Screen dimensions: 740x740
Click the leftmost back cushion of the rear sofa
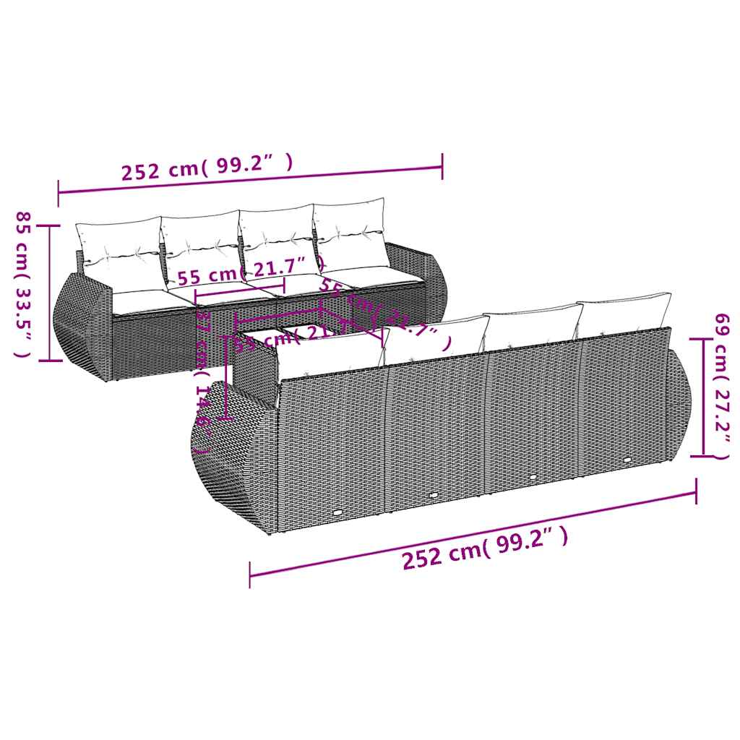pyautogui.click(x=119, y=245)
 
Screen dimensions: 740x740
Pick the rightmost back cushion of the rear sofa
pyautogui.click(x=350, y=232)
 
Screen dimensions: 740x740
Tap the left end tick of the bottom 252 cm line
pyautogui.click(x=249, y=576)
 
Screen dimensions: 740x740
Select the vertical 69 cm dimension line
pyautogui.click(x=701, y=397)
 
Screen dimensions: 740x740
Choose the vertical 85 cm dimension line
pyautogui.click(x=50, y=292)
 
